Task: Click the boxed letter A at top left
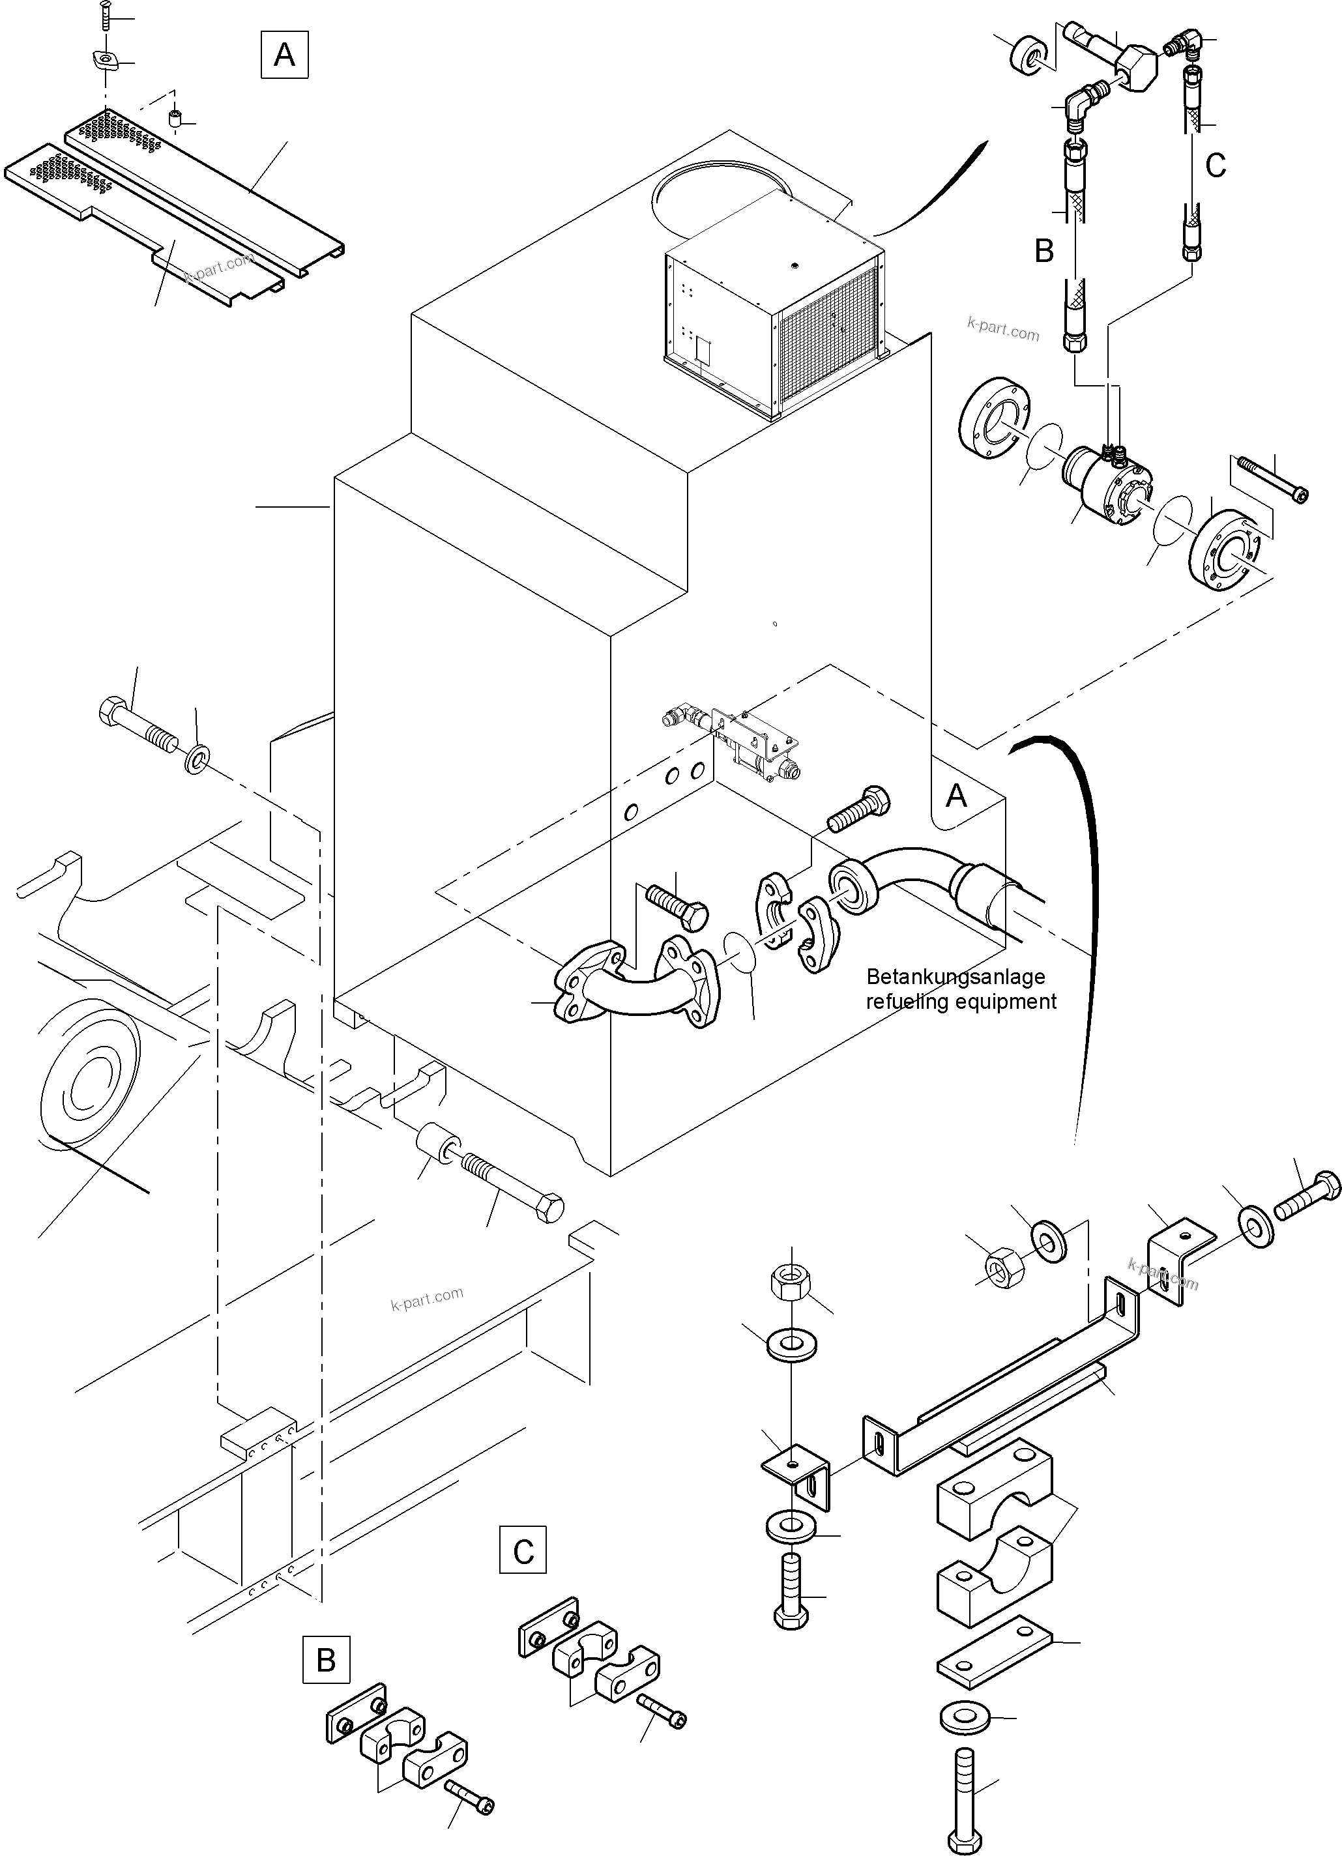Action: tap(284, 55)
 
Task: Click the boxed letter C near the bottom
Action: tap(523, 1552)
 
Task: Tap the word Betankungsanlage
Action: tap(955, 976)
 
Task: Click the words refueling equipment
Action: tap(961, 1001)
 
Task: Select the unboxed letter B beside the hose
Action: tap(1043, 250)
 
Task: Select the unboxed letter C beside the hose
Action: tap(1215, 166)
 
